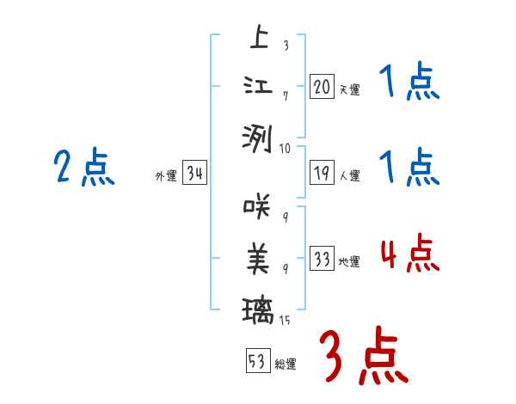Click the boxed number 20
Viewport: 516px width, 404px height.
322,87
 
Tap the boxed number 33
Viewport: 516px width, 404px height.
322,260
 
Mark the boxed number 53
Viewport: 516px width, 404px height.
257,362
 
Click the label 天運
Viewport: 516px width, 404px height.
349,89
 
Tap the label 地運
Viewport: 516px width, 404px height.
349,262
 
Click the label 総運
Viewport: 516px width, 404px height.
286,364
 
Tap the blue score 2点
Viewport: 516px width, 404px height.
83,168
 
